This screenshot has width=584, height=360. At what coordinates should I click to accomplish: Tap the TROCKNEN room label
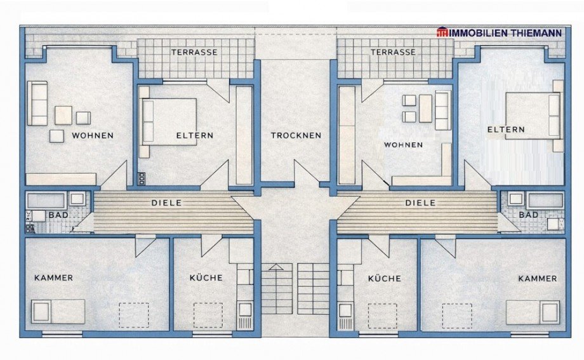coord(296,135)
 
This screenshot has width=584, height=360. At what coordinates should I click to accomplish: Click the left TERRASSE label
coord(194,52)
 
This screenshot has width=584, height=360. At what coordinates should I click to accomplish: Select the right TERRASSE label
coord(393,52)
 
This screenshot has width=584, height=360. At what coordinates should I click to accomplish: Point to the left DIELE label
coord(166,203)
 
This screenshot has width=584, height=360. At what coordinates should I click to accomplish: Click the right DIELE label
coord(420,203)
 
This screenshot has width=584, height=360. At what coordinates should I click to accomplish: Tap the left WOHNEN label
coord(93,135)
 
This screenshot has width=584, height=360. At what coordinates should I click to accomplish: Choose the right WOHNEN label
coord(403,145)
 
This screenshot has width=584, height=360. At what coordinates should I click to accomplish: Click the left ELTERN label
coord(194,135)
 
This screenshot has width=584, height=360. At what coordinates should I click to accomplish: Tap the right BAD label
coord(528,215)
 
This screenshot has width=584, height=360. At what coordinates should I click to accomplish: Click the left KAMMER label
coord(53,277)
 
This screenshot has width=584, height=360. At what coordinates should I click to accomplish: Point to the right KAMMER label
coord(537,278)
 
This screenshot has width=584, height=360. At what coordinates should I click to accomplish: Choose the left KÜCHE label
coord(206,277)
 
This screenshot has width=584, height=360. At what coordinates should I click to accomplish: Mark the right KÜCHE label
coord(385,278)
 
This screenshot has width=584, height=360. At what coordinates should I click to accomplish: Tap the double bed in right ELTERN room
coord(533,116)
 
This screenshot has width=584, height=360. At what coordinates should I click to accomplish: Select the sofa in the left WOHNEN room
coord(37,103)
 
